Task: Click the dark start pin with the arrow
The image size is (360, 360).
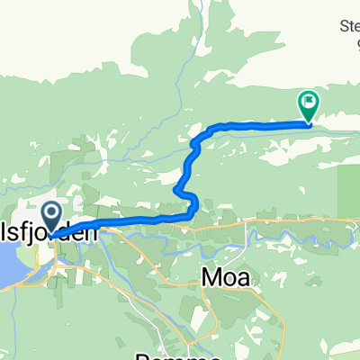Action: [x=51, y=217]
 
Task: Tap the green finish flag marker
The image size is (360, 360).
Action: [x=308, y=104]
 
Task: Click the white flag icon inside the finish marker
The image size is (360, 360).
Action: [x=309, y=102]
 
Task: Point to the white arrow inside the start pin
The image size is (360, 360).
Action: [x=51, y=214]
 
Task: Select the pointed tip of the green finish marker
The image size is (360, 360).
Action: [x=308, y=121]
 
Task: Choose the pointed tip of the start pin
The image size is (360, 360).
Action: [x=51, y=236]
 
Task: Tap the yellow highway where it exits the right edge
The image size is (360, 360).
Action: [x=356, y=218]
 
